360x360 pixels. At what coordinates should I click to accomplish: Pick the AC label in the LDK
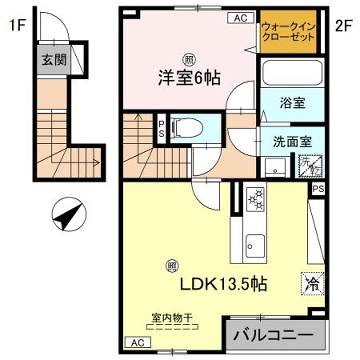[136, 342]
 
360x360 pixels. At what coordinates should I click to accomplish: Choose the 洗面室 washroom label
[289, 141]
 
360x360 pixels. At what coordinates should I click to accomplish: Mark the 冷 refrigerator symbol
[310, 283]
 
